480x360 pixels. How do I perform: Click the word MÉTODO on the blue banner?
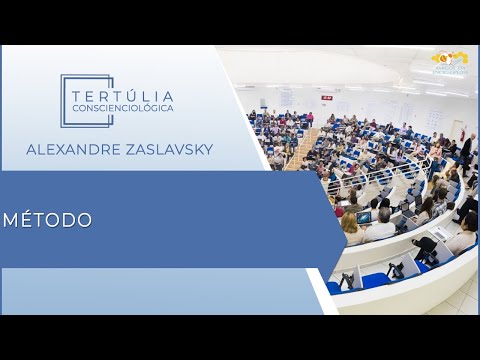[x=48, y=220]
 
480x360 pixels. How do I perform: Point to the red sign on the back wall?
[x=327, y=98]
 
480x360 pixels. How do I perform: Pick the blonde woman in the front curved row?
[x=351, y=226]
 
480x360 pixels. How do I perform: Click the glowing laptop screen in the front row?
[x=364, y=217]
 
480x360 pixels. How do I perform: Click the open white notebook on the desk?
[x=441, y=232]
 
